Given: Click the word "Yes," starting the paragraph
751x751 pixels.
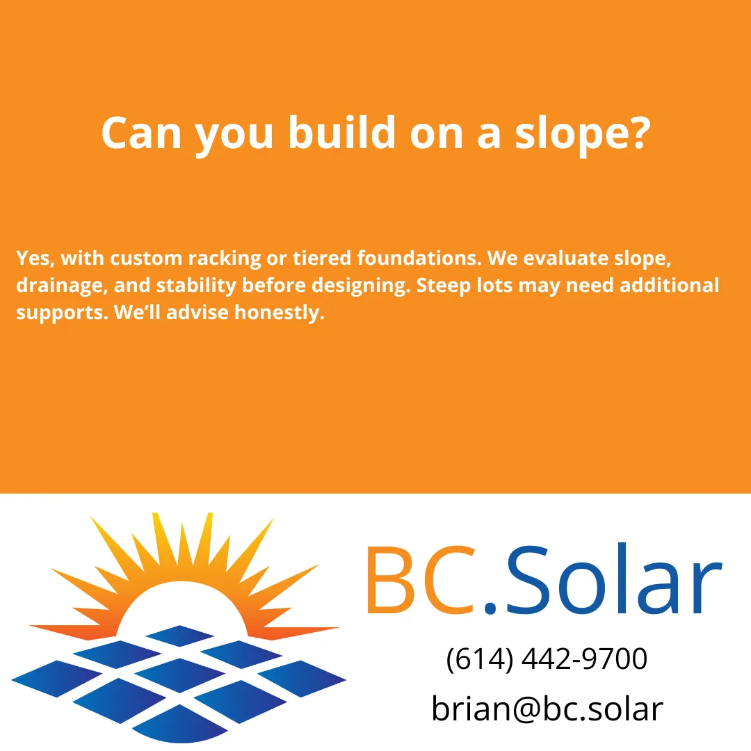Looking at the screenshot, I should pyautogui.click(x=36, y=259).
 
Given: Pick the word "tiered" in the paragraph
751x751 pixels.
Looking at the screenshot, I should pyautogui.click(x=323, y=259).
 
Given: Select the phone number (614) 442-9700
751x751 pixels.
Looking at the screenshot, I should pyautogui.click(x=547, y=659).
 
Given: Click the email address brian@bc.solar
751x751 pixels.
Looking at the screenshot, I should pyautogui.click(x=547, y=709).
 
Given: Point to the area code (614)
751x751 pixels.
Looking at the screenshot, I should pyautogui.click(x=478, y=659).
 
